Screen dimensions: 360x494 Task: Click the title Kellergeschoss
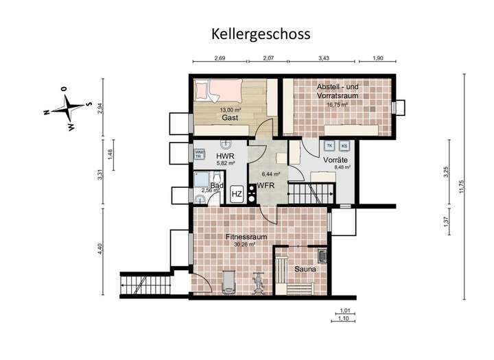tap(260, 34)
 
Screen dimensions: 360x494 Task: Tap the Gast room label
tap(228, 118)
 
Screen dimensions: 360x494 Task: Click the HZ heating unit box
tap(237, 194)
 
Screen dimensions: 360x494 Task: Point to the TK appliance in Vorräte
tap(329, 146)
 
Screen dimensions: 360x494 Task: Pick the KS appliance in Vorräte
tap(344, 146)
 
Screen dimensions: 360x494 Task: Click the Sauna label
tap(305, 269)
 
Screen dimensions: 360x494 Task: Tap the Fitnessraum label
tap(246, 237)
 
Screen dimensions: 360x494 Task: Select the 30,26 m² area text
tap(244, 244)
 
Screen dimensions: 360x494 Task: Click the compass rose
tap(67, 108)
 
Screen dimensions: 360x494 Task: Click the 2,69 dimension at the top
tap(220, 58)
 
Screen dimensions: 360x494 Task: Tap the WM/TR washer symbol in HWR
tap(199, 154)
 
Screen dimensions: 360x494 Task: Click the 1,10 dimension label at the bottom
tap(344, 320)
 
